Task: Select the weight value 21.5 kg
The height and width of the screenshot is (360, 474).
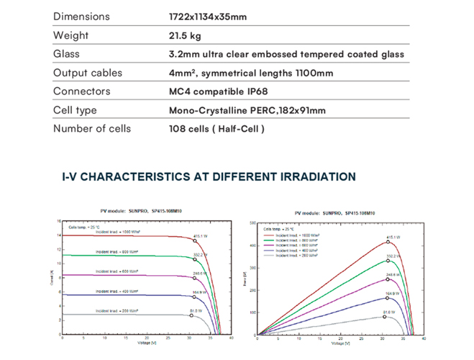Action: [x=185, y=35]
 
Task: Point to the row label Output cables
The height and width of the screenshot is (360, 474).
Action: [x=88, y=73]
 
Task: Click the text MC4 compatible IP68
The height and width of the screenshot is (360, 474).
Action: [x=218, y=91]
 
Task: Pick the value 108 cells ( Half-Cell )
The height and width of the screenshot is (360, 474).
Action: [x=216, y=129]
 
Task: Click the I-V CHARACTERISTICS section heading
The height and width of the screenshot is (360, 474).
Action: [x=209, y=176]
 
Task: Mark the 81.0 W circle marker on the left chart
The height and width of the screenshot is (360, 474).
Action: [x=191, y=315]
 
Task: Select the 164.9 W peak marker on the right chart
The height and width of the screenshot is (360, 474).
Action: [x=386, y=297]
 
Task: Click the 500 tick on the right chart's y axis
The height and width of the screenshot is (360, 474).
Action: [x=252, y=223]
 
